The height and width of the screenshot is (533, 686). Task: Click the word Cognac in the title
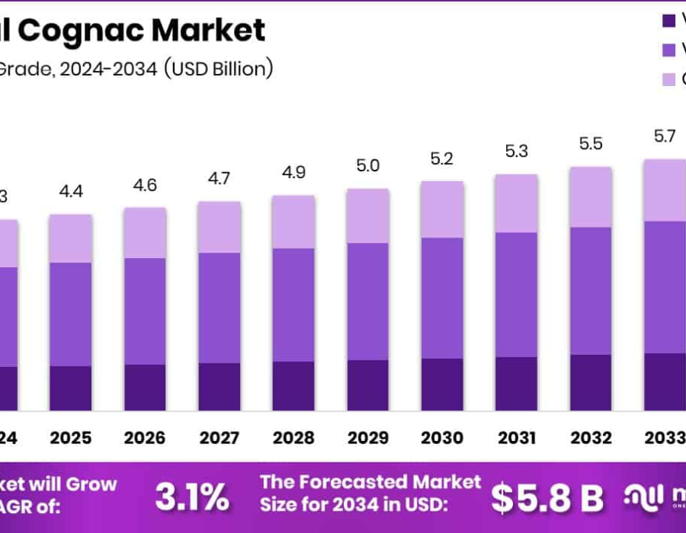coord(84,30)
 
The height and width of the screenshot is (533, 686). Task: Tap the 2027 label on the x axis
coord(219,439)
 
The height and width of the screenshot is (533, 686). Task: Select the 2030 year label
coord(442,439)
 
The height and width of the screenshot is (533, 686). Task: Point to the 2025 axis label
coord(70,439)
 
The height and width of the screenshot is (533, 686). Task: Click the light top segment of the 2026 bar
coord(145,232)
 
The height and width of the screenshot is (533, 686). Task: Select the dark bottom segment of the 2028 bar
coord(293,386)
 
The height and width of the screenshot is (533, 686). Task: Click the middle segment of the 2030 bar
coord(442,298)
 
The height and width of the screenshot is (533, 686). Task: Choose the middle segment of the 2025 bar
coord(70,314)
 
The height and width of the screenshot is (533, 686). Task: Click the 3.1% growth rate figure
coord(192,497)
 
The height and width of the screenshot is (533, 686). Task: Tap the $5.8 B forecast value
coord(547,498)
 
